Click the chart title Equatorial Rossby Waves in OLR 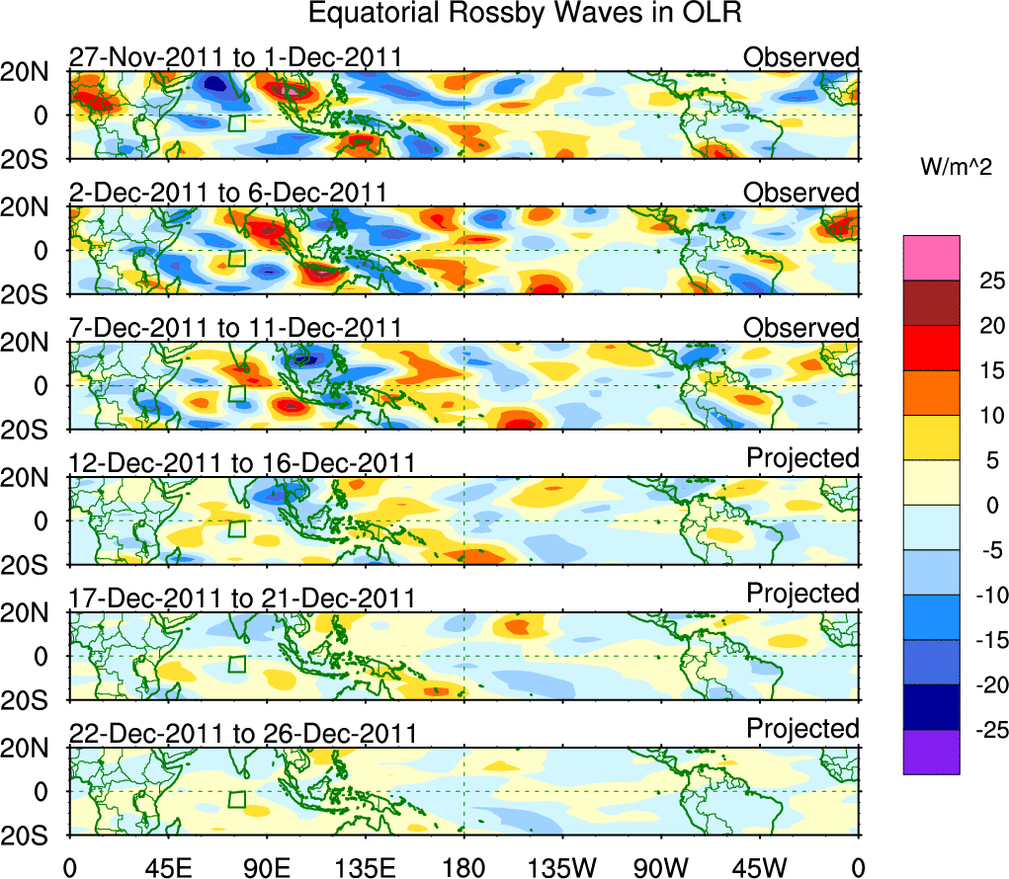[525, 15]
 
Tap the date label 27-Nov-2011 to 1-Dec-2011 [235, 57]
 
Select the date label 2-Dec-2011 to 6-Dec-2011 [227, 193]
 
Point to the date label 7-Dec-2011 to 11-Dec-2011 [235, 328]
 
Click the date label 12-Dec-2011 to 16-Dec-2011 [242, 463]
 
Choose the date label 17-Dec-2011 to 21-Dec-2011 [242, 599]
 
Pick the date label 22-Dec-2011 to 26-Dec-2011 [242, 734]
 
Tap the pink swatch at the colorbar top [931, 258]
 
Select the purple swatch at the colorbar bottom [931, 752]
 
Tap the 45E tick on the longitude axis [167, 866]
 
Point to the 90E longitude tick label [266, 866]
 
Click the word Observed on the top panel [801, 57]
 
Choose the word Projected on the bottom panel [802, 729]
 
